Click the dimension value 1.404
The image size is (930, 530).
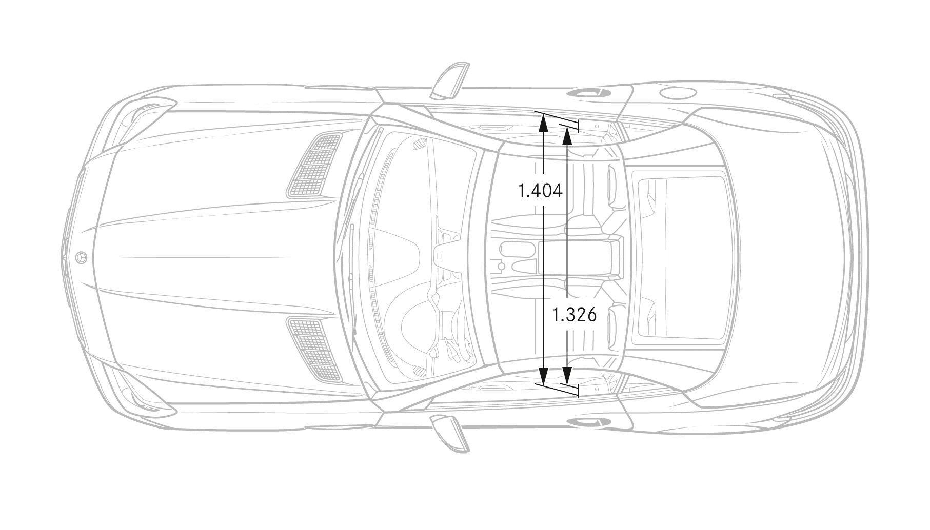point(541,191)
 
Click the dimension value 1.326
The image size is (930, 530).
point(574,315)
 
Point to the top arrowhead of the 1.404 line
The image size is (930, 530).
point(543,121)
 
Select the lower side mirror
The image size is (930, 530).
point(450,434)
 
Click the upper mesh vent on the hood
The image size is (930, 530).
point(315,165)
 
